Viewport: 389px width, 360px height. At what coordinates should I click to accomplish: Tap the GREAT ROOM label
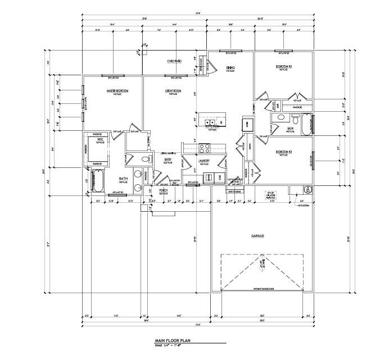172,90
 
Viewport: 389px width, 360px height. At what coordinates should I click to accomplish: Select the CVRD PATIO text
174,60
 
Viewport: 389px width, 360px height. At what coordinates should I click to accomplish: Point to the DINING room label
230,68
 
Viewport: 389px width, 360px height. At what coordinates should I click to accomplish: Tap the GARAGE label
258,236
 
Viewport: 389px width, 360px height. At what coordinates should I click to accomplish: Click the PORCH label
164,190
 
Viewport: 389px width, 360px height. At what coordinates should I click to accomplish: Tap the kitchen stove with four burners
205,149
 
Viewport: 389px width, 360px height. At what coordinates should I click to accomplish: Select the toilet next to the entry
146,160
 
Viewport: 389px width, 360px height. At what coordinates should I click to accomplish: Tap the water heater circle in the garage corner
306,189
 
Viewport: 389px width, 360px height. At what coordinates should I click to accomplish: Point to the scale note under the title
171,345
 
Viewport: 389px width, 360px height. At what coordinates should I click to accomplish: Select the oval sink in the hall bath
279,119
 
